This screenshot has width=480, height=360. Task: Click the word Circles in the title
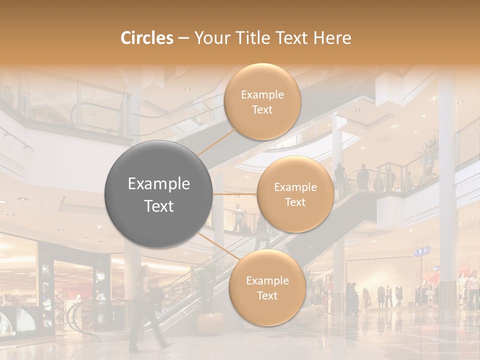(x=147, y=38)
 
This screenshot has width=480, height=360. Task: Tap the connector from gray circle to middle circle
(x=235, y=194)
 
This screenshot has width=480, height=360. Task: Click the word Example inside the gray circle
(x=159, y=184)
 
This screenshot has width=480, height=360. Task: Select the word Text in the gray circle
(x=159, y=206)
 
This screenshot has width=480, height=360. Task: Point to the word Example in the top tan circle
(x=262, y=95)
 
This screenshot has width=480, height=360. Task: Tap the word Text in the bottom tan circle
(x=267, y=295)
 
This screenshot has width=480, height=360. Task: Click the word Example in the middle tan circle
(x=295, y=187)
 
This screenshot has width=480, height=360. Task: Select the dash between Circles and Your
(x=183, y=38)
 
